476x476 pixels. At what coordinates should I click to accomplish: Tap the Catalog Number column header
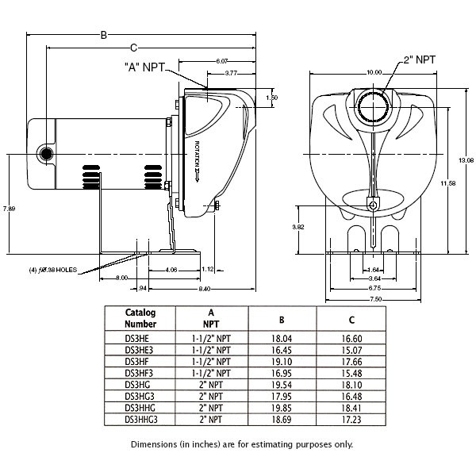point(140,318)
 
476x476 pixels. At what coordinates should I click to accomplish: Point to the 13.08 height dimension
point(466,159)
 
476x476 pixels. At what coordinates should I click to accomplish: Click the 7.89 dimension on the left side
point(9,208)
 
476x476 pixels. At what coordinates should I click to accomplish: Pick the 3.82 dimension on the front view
point(298,226)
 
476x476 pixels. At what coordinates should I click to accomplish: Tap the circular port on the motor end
point(48,152)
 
